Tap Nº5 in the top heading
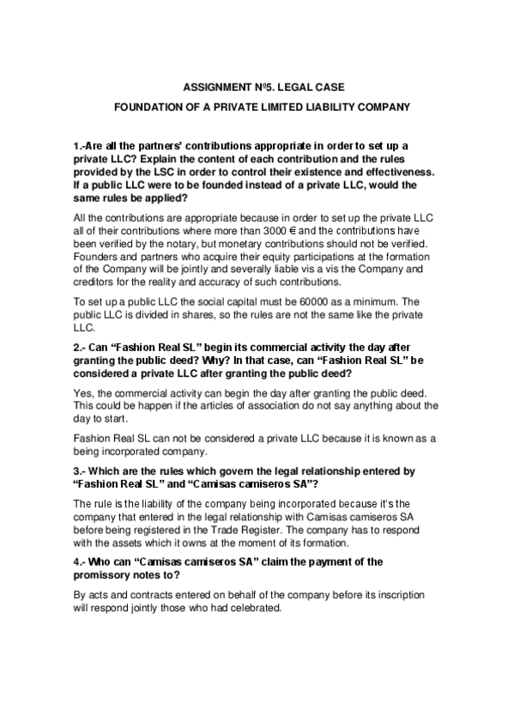coord(268,88)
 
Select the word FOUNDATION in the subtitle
coord(153,108)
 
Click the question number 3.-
coord(82,472)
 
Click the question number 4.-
coord(82,561)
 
